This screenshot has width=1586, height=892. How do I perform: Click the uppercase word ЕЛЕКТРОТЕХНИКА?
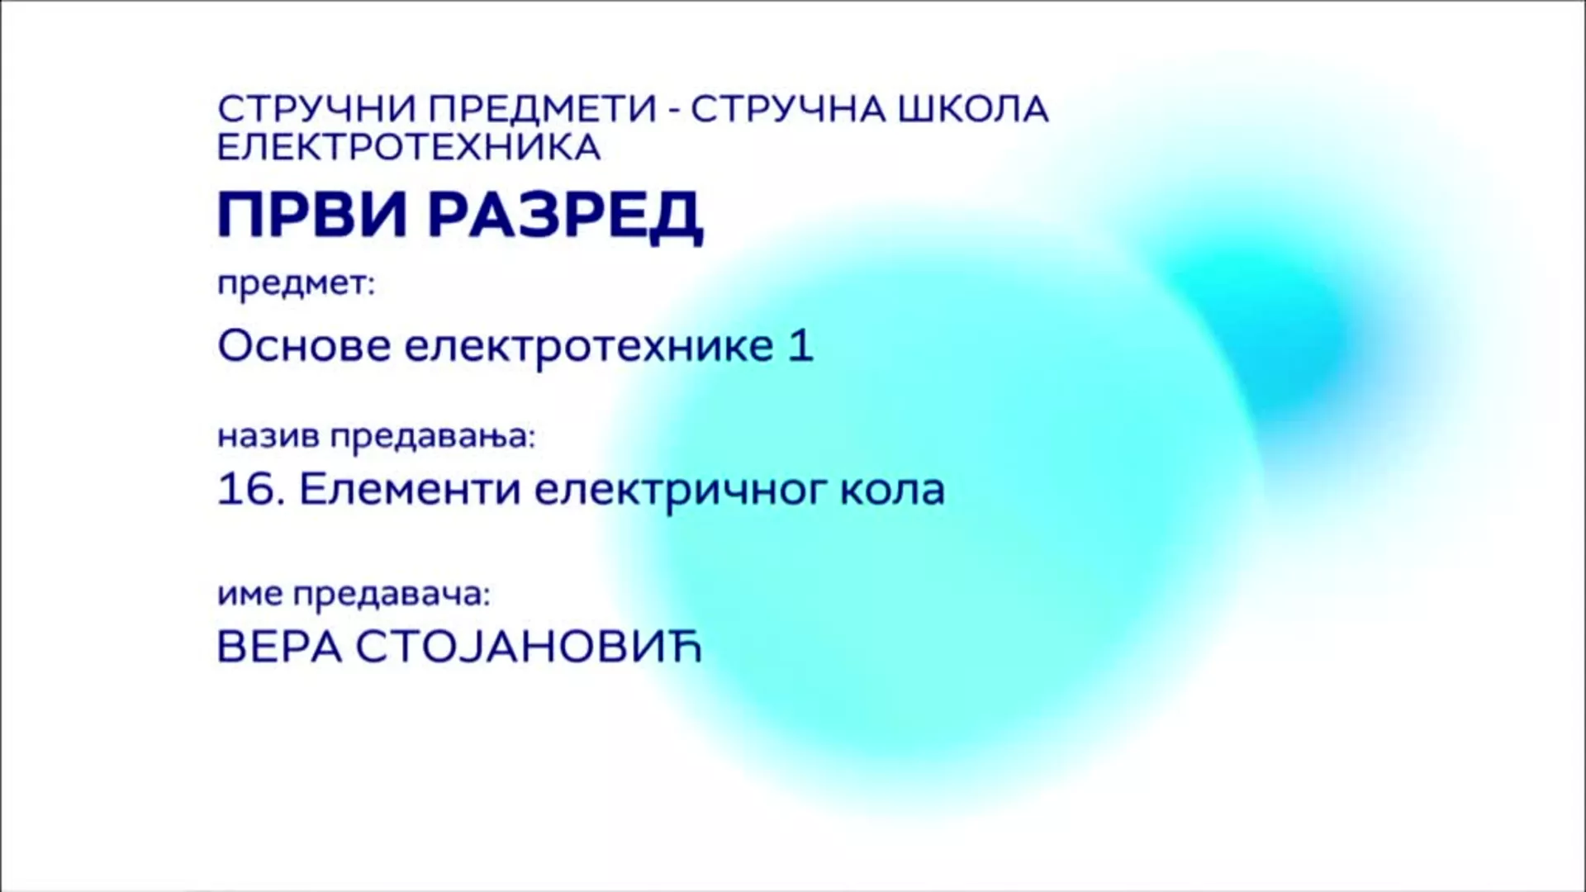[409, 147]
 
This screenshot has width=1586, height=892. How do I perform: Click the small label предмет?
[296, 285]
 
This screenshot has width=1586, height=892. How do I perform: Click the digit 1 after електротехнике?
[801, 345]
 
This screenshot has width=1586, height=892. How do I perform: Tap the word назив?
[268, 437]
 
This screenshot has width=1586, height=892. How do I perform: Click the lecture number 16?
[245, 490]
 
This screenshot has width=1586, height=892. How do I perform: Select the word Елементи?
[410, 490]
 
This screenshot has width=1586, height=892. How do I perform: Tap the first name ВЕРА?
[279, 648]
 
